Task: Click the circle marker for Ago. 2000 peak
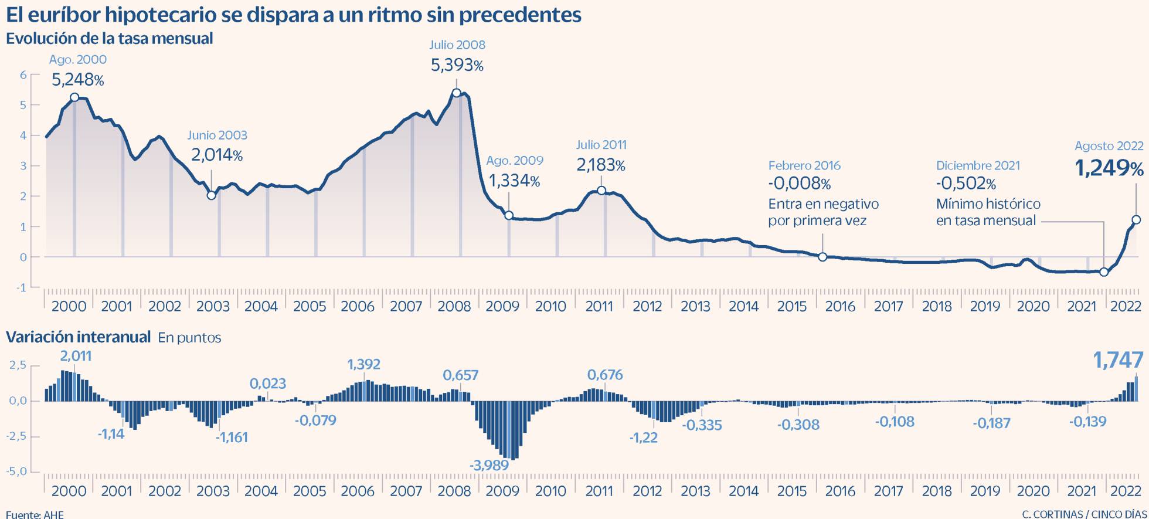point(74,97)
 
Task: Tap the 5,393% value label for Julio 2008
point(457,65)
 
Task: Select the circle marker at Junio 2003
point(212,195)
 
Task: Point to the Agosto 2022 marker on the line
point(1136,220)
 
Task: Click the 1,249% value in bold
point(1109,169)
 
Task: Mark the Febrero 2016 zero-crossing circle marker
point(822,257)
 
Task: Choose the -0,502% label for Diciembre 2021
point(966,184)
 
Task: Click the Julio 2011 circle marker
point(601,191)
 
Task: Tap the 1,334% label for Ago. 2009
point(514,181)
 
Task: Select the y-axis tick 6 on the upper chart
point(23,74)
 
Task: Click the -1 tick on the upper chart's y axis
point(22,287)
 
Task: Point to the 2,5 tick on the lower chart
point(18,365)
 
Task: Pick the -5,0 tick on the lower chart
point(16,471)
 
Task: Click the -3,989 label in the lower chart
point(489,465)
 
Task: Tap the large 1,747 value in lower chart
point(1118,360)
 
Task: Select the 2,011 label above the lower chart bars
point(76,356)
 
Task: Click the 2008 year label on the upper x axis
point(454,306)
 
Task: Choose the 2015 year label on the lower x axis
point(792,491)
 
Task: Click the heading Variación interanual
point(78,337)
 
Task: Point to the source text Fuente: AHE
point(35,514)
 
